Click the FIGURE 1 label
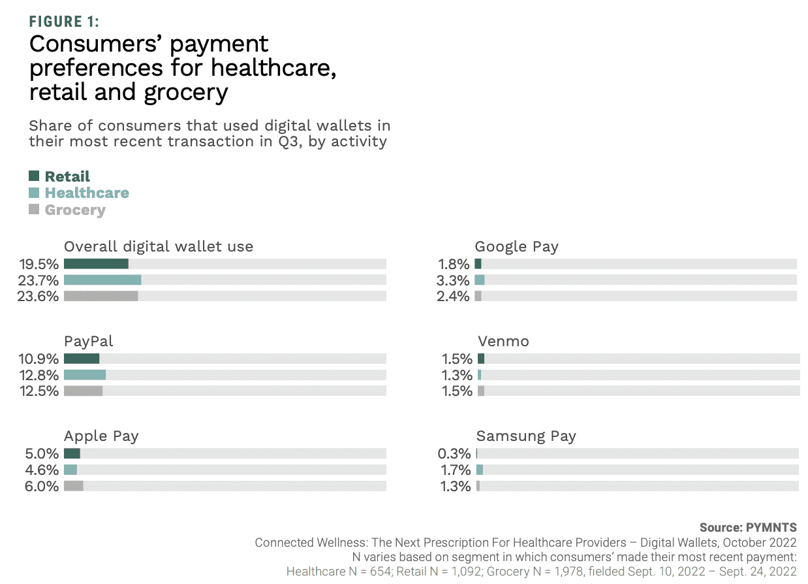pyautogui.click(x=64, y=22)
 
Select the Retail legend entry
pyautogui.click(x=67, y=176)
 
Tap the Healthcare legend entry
pyautogui.click(x=87, y=193)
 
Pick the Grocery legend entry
pyautogui.click(x=75, y=210)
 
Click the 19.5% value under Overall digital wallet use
pyautogui.click(x=39, y=264)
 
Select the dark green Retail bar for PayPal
pyautogui.click(x=82, y=359)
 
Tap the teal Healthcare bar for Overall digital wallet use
pyautogui.click(x=102, y=280)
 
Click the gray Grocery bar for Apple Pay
pyautogui.click(x=73, y=486)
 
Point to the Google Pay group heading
pyautogui.click(x=516, y=246)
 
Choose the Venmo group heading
pyautogui.click(x=503, y=341)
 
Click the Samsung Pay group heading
pyautogui.click(x=526, y=436)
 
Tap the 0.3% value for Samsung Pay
pyautogui.click(x=454, y=454)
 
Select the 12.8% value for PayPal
pyautogui.click(x=39, y=375)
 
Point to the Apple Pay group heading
pyautogui.click(x=101, y=436)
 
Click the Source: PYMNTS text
pyautogui.click(x=748, y=527)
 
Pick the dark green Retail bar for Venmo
pyautogui.click(x=481, y=359)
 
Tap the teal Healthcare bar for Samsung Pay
pyautogui.click(x=480, y=470)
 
